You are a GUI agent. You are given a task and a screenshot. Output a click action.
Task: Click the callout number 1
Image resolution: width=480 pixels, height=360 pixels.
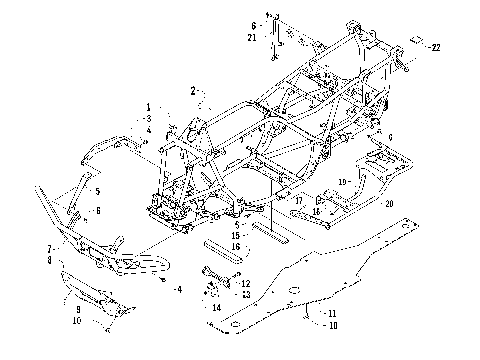click(147, 107)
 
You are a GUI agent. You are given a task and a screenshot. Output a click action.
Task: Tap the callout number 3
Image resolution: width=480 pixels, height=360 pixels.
click(147, 118)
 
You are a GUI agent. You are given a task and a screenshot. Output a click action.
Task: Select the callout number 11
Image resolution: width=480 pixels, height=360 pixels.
click(329, 313)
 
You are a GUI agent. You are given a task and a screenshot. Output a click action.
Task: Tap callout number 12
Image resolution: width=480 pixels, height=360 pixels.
click(245, 284)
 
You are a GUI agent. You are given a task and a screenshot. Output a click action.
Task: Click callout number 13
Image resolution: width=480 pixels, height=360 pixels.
click(245, 294)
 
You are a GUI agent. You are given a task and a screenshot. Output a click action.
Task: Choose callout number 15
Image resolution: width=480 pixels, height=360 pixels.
click(235, 235)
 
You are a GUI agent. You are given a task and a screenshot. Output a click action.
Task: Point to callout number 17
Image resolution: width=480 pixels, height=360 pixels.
click(298, 199)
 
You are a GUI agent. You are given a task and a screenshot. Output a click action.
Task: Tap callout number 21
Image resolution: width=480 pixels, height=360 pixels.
click(253, 37)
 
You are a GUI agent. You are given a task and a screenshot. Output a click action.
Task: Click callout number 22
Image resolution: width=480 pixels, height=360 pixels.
click(435, 47)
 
